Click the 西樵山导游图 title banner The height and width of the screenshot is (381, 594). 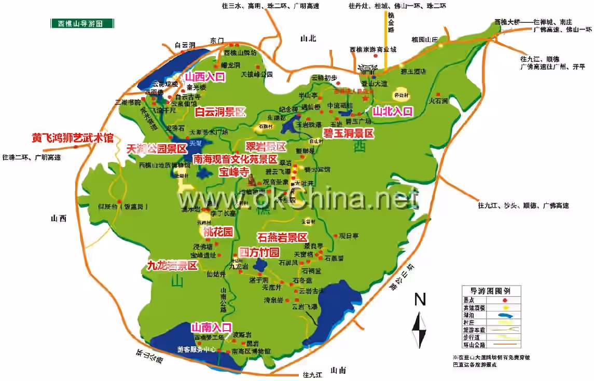coord(82,23)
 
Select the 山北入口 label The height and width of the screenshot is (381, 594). coord(393,111)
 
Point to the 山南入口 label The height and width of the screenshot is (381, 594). coord(211,328)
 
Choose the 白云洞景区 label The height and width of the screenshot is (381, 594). coord(220,112)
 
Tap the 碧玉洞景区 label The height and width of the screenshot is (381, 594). coord(348,133)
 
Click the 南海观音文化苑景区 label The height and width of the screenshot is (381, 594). coord(235,159)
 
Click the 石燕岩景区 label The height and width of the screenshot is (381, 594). coord(282,238)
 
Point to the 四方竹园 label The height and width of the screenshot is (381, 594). coord(259,253)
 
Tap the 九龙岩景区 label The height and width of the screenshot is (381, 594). coord(172,265)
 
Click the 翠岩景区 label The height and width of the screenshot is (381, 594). coord(266,146)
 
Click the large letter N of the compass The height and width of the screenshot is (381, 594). coord(420,300)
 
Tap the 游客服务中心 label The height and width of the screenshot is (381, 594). coord(196,349)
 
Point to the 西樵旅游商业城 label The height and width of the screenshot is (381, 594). coord(372,49)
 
